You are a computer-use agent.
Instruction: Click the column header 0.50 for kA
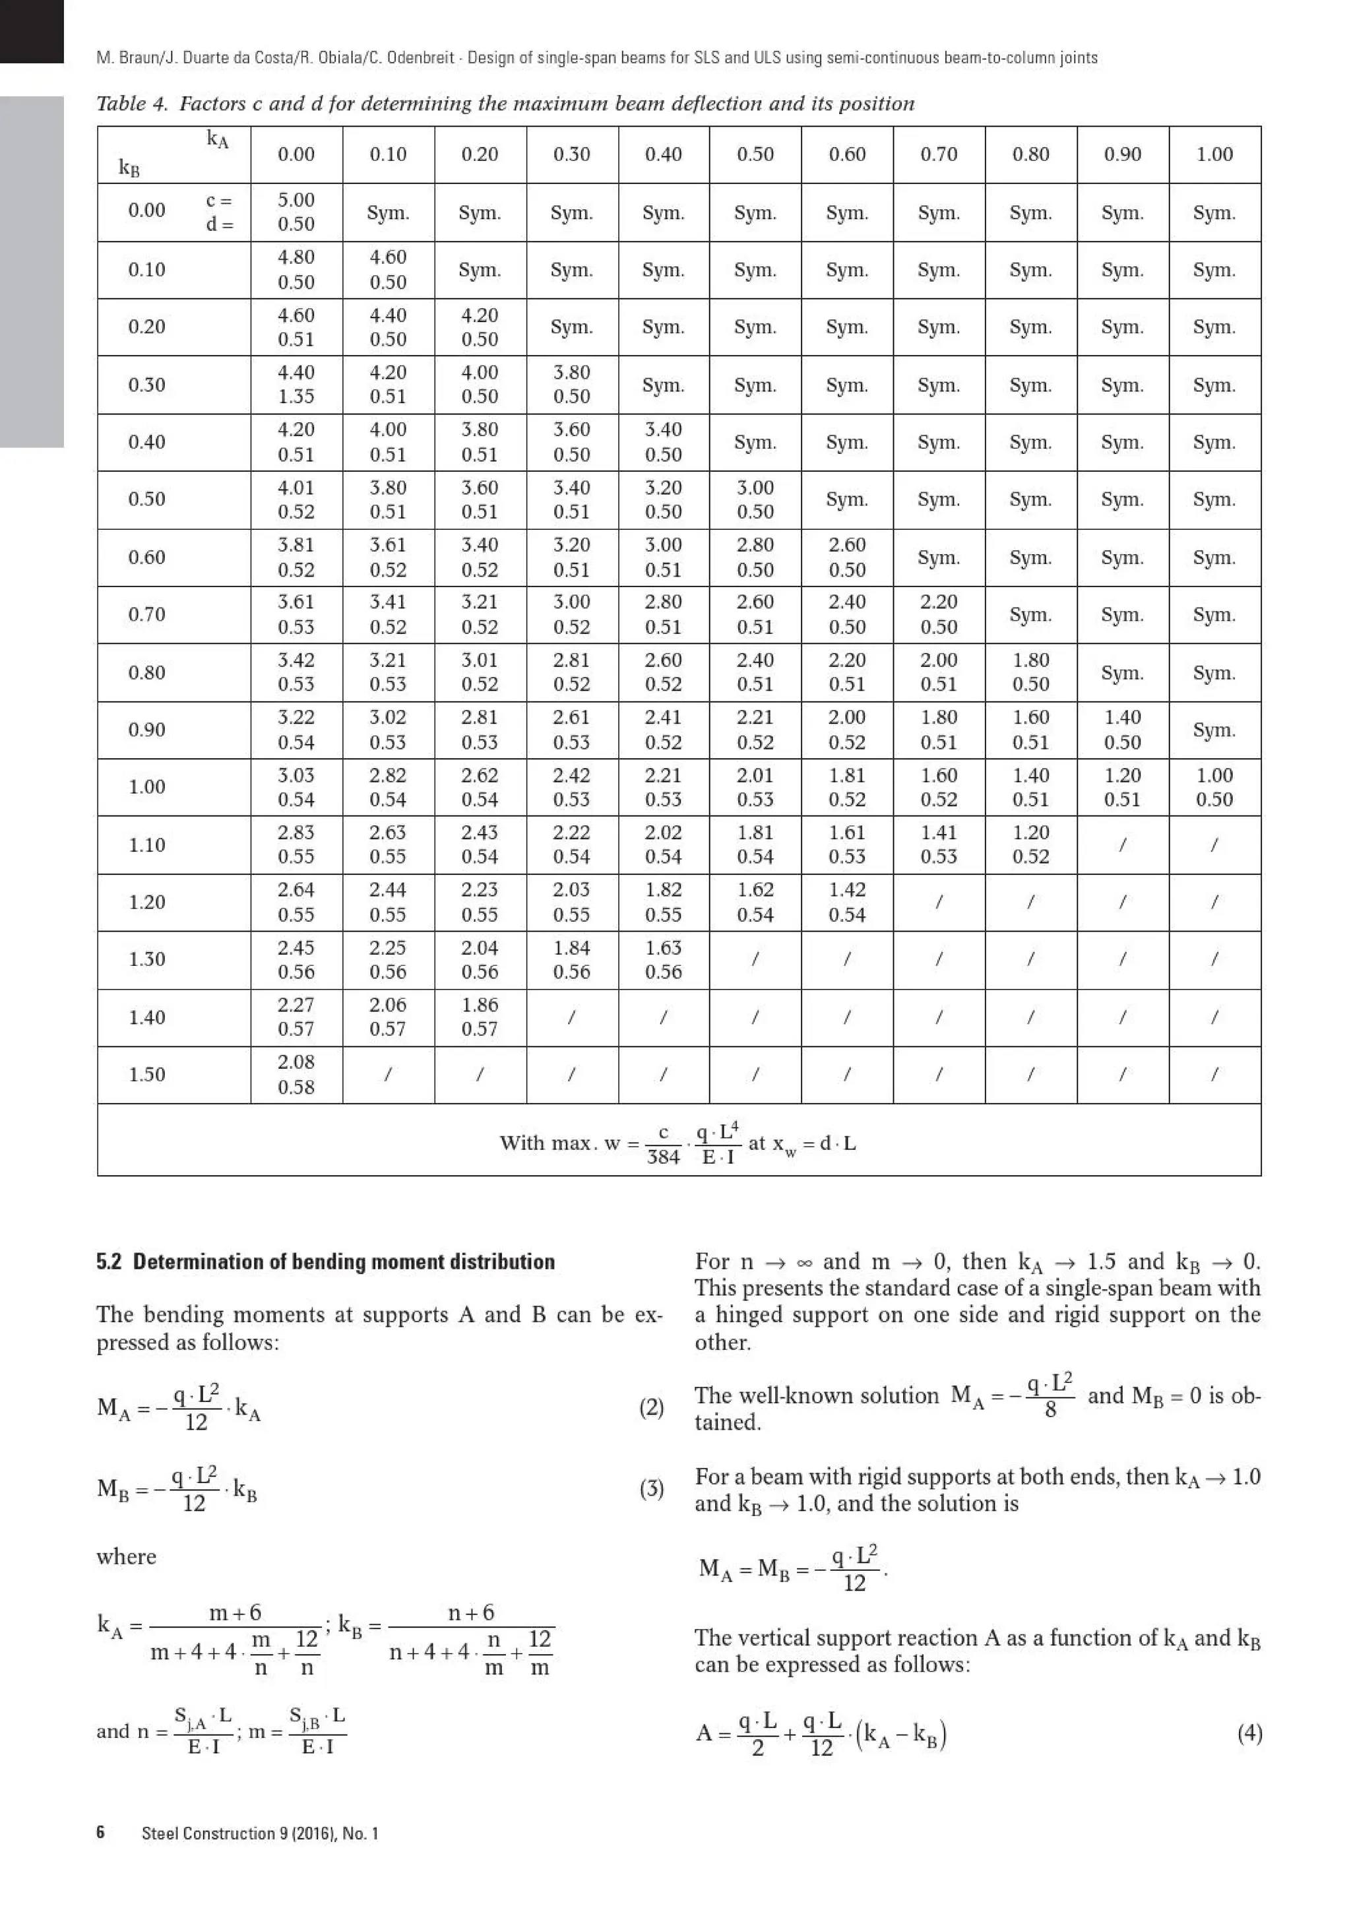point(755,154)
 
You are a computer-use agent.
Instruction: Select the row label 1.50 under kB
point(146,1074)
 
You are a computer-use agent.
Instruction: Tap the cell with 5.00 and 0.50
point(296,212)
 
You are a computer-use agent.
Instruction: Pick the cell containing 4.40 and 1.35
point(296,384)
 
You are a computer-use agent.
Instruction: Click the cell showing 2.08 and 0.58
point(296,1074)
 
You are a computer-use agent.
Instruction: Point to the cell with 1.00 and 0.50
point(1214,787)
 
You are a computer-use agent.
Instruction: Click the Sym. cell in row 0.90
point(1214,730)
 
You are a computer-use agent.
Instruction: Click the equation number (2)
point(651,1408)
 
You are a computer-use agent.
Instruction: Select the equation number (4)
point(1249,1734)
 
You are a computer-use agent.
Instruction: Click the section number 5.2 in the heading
point(108,1261)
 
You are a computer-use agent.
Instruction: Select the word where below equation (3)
point(127,1556)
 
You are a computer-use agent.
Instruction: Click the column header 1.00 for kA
point(1214,154)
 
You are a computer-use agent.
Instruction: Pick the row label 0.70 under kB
point(146,615)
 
